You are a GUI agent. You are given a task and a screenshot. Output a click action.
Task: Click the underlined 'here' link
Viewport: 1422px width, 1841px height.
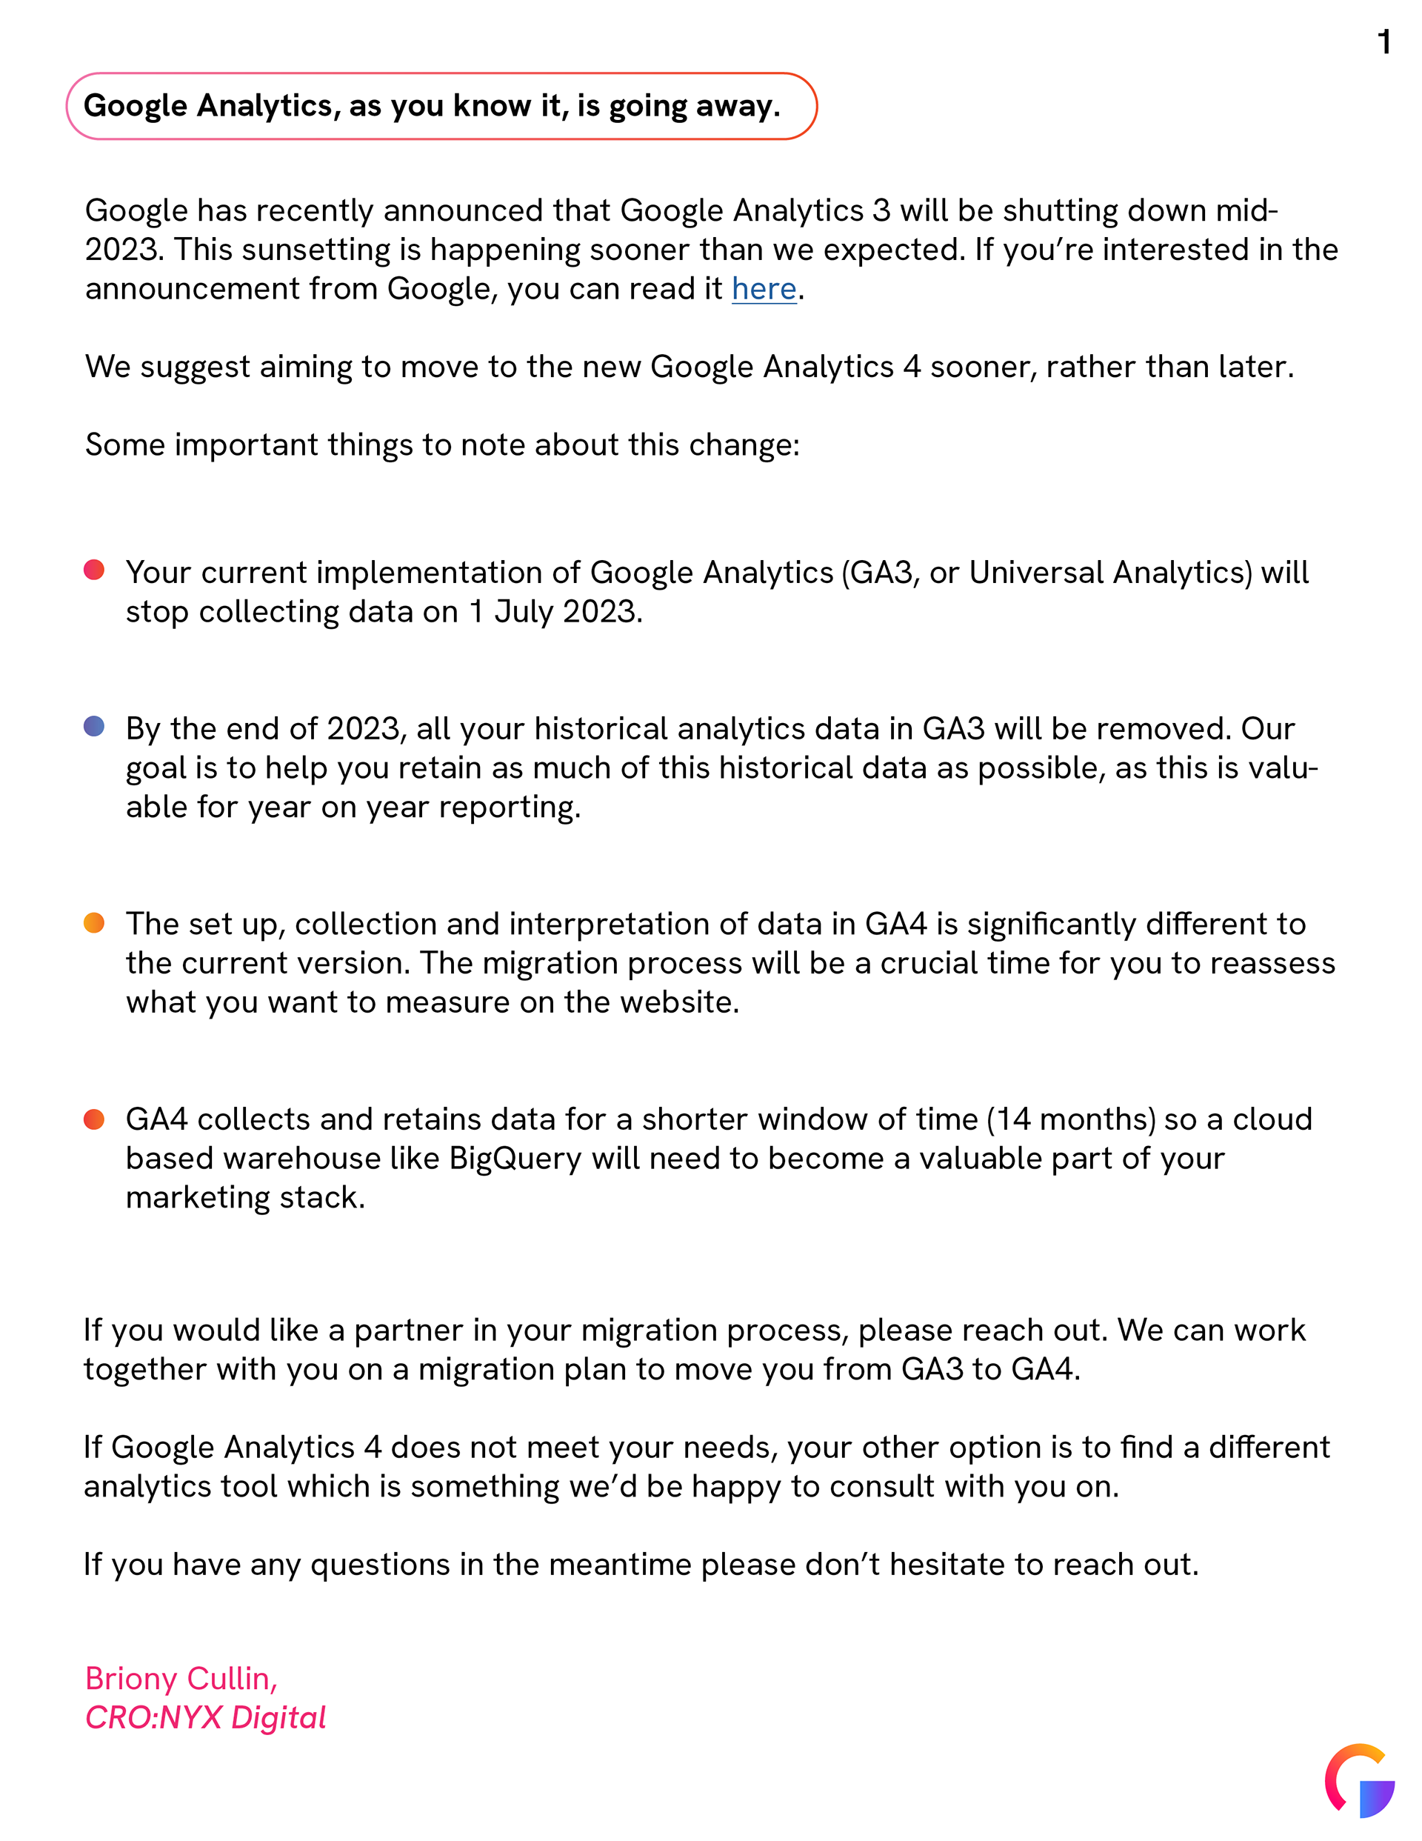point(764,288)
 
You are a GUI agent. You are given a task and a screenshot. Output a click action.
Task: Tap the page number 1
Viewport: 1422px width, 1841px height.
point(1384,42)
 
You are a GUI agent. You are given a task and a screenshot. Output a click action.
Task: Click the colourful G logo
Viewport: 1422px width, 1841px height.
point(1359,1780)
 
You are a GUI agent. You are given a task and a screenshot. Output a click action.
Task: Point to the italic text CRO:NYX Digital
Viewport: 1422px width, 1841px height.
point(206,1717)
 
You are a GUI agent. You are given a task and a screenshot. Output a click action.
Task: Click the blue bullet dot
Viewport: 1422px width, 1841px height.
point(94,726)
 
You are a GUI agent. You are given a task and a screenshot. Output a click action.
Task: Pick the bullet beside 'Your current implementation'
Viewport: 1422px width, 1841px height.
point(94,570)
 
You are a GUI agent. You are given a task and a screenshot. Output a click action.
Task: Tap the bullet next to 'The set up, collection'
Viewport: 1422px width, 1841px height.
point(94,922)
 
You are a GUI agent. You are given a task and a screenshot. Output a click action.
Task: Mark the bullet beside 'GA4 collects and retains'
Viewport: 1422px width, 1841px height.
point(94,1119)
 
